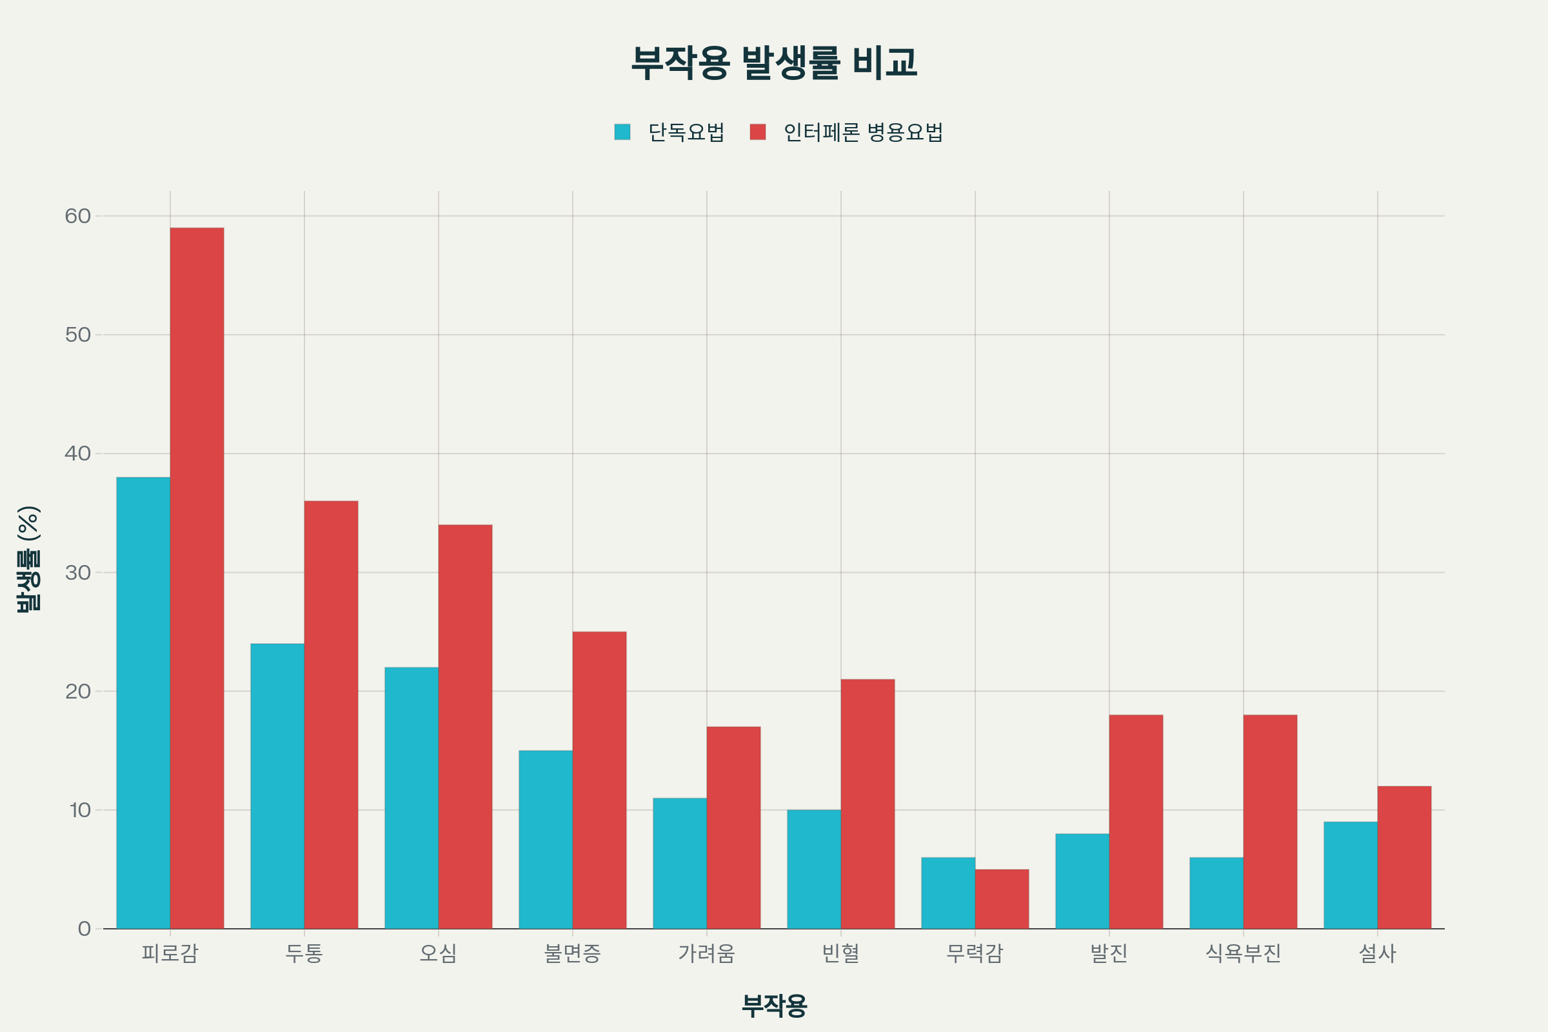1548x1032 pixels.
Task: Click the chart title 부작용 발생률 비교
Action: pos(774,63)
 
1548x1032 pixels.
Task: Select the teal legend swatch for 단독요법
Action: pos(622,132)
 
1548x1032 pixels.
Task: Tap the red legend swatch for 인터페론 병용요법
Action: pos(757,132)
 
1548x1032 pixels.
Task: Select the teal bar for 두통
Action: pos(277,786)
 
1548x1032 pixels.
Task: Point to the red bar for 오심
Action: pos(465,727)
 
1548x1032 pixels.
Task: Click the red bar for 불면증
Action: pos(599,780)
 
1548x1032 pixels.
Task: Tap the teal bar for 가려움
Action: pos(680,863)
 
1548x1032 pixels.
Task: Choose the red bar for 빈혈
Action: pos(868,804)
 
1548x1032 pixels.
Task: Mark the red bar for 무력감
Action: pos(1002,899)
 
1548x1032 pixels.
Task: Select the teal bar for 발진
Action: pos(1082,881)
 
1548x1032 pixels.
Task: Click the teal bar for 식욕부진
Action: pos(1216,893)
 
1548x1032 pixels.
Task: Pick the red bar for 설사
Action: pos(1405,858)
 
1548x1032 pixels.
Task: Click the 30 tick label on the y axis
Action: pos(77,573)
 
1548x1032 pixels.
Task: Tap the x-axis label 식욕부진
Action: pos(1244,953)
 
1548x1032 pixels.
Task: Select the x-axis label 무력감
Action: pos(975,953)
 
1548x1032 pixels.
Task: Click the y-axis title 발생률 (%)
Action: pos(29,559)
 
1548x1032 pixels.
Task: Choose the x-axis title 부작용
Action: pos(774,1005)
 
